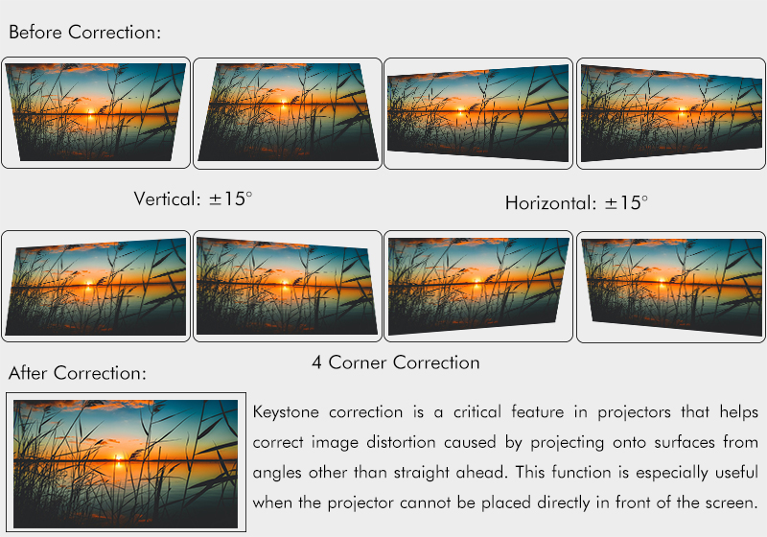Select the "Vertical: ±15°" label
pos(194,199)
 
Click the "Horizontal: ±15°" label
pos(576,203)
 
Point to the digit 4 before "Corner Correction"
pos(316,362)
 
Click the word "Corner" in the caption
pos(358,362)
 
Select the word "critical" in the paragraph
pos(476,411)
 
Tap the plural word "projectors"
pos(634,413)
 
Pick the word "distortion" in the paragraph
pos(401,442)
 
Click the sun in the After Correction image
pos(118,457)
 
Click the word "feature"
pos(537,411)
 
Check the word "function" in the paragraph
pos(581,473)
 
